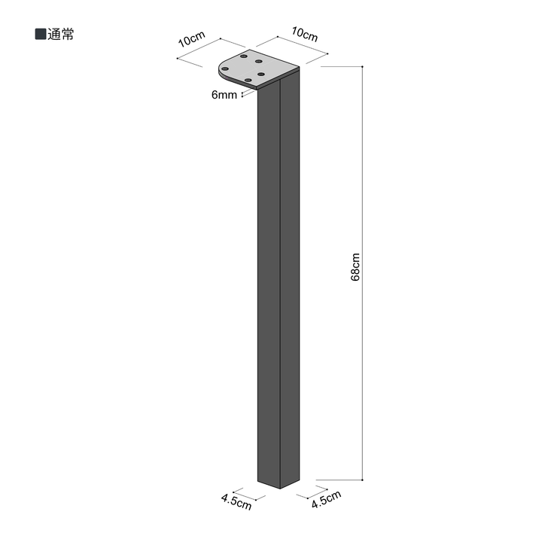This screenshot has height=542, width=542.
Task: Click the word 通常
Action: (61, 35)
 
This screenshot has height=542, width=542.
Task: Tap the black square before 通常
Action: (41, 34)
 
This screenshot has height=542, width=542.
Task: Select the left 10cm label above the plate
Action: (192, 39)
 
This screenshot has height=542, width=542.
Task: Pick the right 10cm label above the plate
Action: (305, 34)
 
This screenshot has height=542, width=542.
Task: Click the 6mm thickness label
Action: (224, 95)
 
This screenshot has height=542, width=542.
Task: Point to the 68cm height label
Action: (355, 267)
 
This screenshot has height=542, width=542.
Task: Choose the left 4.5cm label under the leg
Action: (236, 502)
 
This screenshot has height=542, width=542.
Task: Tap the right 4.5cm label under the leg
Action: (326, 499)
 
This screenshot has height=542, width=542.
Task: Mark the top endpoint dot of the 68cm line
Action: (362, 66)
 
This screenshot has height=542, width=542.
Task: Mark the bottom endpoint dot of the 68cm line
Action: (362, 480)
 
